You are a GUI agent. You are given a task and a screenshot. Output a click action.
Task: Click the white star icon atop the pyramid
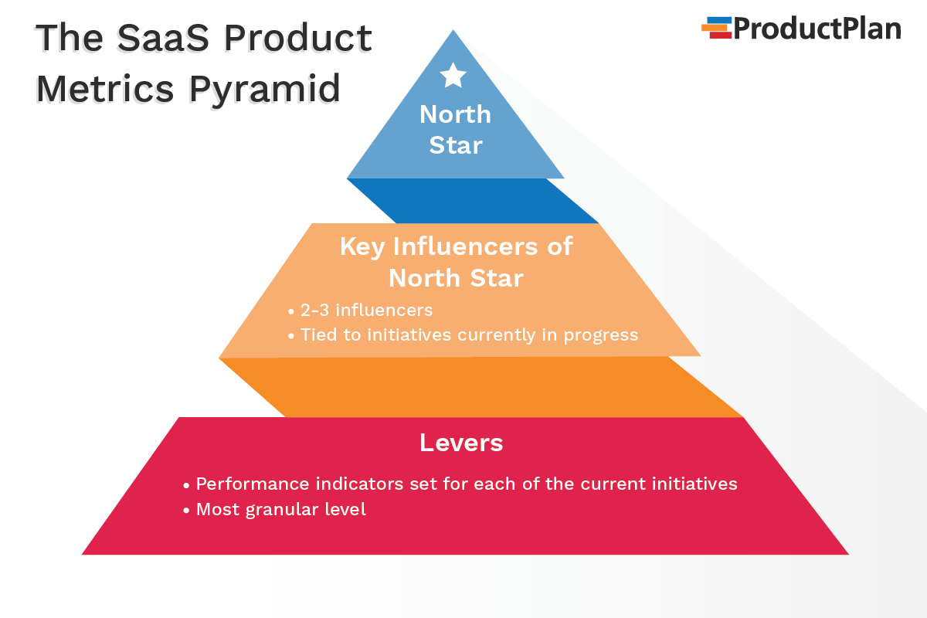453,76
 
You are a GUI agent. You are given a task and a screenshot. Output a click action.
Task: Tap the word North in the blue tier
455,114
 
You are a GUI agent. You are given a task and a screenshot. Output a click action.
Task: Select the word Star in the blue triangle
456,145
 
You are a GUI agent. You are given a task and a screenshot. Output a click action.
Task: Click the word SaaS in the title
163,38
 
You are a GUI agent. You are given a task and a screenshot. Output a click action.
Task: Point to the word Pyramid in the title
265,90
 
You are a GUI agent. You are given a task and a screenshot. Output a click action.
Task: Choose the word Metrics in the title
105,88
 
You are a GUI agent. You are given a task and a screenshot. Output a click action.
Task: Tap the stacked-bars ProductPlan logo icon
717,28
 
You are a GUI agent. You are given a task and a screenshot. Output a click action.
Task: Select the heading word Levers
461,443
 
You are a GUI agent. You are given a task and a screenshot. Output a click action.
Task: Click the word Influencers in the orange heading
466,246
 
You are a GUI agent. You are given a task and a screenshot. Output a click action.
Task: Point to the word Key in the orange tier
362,247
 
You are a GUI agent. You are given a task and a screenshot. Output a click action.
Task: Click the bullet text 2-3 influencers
366,310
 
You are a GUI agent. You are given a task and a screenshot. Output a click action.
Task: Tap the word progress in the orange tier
601,336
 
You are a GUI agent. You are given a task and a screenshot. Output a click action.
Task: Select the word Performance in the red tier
253,484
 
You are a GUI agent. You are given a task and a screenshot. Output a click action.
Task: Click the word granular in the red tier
282,510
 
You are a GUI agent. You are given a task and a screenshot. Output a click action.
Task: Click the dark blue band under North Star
472,201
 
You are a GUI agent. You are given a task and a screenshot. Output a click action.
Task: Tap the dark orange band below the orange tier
480,387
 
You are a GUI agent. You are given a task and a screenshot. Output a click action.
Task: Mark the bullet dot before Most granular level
186,511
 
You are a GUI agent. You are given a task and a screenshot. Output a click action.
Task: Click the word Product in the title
298,38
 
